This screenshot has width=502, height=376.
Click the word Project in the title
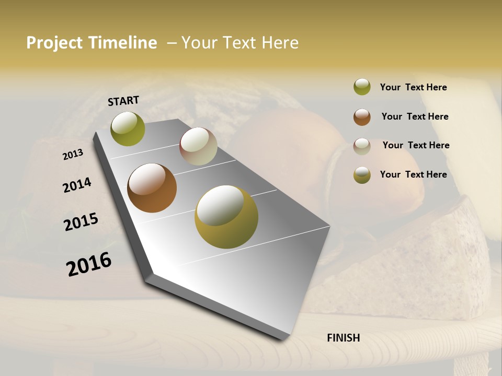(x=55, y=43)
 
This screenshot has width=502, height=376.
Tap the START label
(x=123, y=101)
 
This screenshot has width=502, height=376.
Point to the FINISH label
(x=343, y=338)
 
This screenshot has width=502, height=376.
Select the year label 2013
(x=73, y=155)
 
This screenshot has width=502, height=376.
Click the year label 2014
(x=77, y=185)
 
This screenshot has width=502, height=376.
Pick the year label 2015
(x=81, y=222)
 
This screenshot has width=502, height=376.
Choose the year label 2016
(x=89, y=264)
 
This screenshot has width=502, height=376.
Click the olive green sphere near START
(x=128, y=128)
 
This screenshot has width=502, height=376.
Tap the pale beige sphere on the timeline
(x=198, y=146)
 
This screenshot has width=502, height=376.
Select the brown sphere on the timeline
(x=152, y=188)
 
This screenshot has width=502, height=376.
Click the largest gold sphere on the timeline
(x=226, y=217)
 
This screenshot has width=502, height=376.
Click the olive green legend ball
(x=362, y=87)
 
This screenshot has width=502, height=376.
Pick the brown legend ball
(x=362, y=116)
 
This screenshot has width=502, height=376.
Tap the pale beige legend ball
(x=362, y=146)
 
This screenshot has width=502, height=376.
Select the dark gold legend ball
(x=362, y=175)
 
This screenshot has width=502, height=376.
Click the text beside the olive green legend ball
(x=413, y=87)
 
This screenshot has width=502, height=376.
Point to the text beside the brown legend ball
(x=415, y=116)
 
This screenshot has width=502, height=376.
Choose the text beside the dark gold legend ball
(x=413, y=174)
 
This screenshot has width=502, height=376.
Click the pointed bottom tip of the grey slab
(x=283, y=338)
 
